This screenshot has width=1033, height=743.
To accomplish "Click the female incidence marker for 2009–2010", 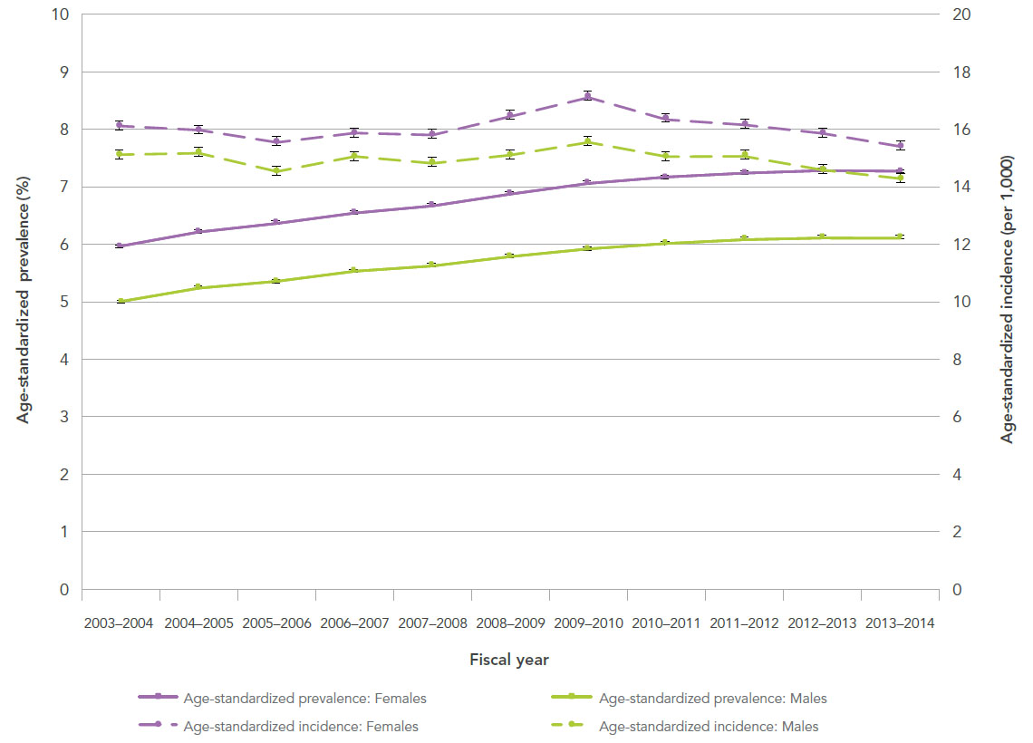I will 587,96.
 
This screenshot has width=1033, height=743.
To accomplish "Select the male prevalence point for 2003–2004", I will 121,301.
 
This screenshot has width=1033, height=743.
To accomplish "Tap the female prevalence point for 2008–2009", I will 509,193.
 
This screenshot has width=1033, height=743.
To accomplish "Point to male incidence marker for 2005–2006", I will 275,170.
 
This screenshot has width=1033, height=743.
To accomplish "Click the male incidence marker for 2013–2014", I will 899,179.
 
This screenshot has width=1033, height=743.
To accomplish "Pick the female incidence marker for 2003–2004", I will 120,125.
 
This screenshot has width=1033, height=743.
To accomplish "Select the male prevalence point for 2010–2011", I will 665,243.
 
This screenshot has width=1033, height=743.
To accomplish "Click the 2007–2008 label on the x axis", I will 431,624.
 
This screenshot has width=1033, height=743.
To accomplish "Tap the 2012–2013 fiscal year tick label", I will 821,624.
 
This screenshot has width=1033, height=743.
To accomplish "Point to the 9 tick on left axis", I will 63,72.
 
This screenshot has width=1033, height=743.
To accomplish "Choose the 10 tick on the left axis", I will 60,14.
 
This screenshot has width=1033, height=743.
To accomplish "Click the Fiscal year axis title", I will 508,660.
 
